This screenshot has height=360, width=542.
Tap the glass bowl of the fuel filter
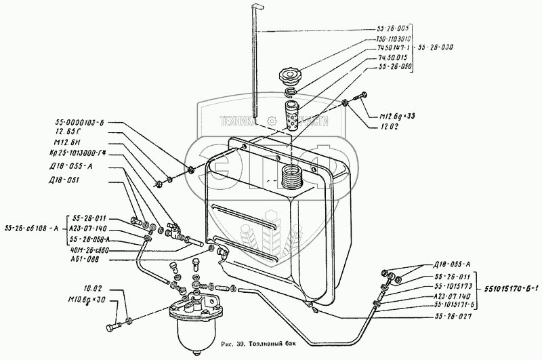pyautogui.click(x=192, y=335)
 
